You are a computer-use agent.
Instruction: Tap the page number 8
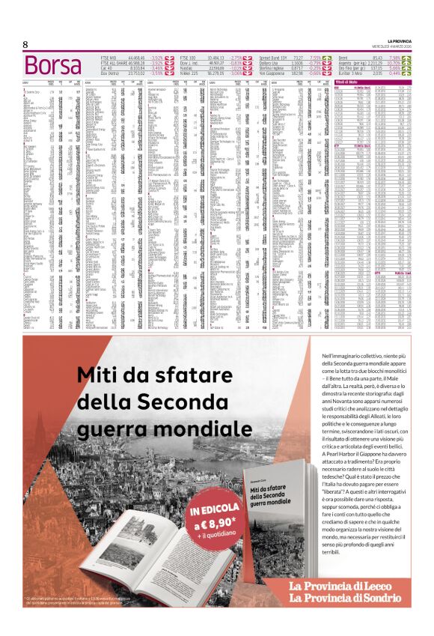click(25, 45)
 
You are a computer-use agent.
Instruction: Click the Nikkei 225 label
click(189, 73)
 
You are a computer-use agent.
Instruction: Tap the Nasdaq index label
click(187, 67)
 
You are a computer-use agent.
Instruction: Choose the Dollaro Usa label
click(270, 62)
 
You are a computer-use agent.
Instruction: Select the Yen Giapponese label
click(272, 73)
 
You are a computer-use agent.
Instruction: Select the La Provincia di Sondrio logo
click(346, 598)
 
